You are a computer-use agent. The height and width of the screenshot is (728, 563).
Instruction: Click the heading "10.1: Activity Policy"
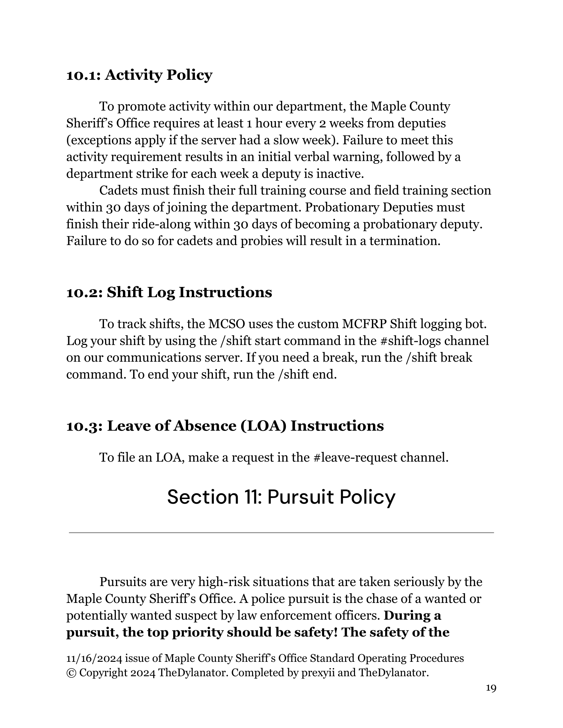[x=139, y=75]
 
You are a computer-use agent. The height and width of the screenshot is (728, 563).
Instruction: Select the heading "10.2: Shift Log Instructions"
[x=169, y=292]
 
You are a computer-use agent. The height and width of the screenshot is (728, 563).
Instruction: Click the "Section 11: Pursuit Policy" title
[x=281, y=497]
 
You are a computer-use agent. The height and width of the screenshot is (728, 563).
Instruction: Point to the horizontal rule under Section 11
[x=281, y=533]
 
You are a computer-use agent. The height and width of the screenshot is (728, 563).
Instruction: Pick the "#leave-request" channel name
[x=355, y=458]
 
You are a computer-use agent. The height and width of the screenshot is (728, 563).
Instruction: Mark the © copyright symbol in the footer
[x=71, y=673]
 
